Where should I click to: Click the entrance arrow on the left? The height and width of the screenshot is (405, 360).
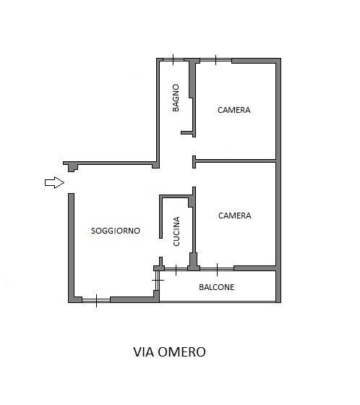pos(54,182)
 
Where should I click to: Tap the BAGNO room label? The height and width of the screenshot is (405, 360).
pos(176,98)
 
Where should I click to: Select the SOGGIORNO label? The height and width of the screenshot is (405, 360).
pos(116,231)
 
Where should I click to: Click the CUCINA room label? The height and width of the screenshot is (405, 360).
pos(176,231)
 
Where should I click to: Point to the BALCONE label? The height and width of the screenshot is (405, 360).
pos(217,287)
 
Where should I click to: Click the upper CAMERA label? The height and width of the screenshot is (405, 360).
pos(234,110)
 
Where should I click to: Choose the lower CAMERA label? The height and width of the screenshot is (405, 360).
pos(235,216)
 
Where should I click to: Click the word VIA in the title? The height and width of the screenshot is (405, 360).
pos(144,351)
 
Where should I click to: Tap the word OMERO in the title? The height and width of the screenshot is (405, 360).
pos(182,351)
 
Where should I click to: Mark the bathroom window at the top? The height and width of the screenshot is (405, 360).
pos(173,60)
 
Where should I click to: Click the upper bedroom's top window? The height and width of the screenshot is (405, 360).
pos(216,61)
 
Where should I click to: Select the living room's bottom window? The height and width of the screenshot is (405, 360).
pos(96,300)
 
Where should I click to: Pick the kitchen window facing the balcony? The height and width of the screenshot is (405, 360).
pos(176,269)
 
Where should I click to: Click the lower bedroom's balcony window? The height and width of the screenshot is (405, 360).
pos(217,269)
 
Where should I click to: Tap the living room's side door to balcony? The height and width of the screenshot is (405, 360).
pos(158,281)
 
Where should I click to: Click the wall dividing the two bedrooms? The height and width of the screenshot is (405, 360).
pos(236,161)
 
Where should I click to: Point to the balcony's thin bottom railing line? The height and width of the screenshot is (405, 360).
pos(218,302)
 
